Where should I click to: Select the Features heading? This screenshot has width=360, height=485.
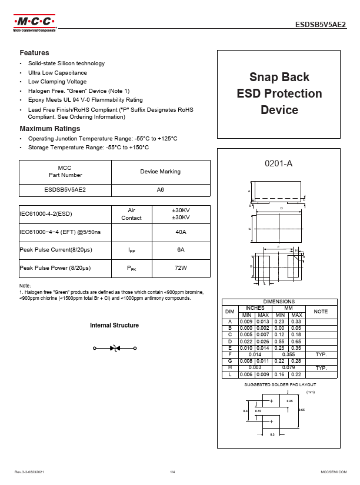34,53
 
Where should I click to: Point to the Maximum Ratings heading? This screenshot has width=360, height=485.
50,129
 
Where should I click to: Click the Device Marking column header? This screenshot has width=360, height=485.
160,172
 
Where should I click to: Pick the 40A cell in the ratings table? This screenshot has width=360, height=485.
181,232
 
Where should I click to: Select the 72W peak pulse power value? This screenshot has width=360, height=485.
181,268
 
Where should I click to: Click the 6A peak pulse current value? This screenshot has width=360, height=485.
181,250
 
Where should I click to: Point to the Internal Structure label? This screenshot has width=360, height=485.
114,326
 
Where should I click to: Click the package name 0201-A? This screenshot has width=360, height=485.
279,163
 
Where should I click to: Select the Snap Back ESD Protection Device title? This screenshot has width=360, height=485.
279,93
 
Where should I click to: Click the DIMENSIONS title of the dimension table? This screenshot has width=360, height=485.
279,302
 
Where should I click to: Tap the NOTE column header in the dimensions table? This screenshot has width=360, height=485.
321,311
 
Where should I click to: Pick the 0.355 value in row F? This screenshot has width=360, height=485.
289,354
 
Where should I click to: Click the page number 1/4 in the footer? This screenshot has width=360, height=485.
172,472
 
